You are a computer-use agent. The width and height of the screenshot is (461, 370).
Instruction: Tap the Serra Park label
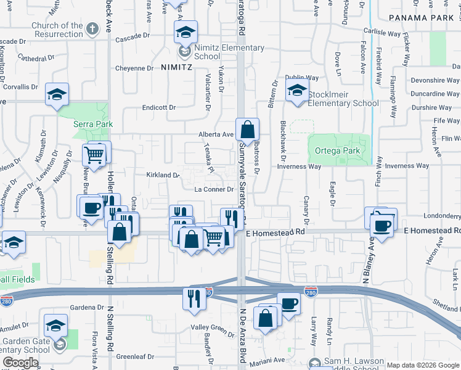(93, 124)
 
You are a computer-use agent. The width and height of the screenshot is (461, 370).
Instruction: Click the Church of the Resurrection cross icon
(92, 28)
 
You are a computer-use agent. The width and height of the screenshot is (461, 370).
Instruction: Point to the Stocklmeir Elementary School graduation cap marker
(297, 91)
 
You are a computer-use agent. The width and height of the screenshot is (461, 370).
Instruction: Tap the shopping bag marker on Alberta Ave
(247, 129)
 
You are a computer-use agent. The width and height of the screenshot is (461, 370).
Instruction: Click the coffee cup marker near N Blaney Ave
(382, 224)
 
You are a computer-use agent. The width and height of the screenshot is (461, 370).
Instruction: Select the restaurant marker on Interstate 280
(194, 298)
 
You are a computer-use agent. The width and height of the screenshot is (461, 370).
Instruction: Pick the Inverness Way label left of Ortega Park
(299, 166)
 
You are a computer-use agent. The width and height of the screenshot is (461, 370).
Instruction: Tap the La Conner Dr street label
(214, 189)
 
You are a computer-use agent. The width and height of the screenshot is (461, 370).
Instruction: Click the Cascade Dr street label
(133, 37)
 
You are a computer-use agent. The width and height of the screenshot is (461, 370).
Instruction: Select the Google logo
(20, 363)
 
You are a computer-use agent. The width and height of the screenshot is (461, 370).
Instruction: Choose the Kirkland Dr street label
(162, 175)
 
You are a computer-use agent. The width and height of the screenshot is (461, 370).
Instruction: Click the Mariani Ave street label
(271, 360)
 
